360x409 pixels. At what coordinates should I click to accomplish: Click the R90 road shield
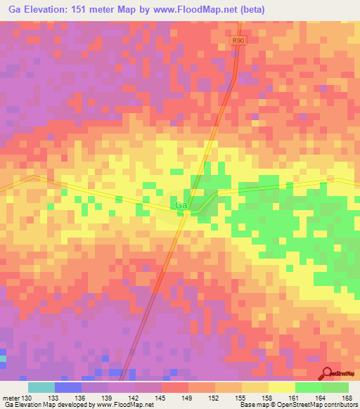(x=238, y=41)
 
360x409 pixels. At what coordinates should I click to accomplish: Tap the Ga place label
(x=181, y=205)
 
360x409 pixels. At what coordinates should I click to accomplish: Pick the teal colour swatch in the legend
(x=41, y=387)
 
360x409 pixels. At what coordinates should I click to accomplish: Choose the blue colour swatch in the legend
(x=68, y=387)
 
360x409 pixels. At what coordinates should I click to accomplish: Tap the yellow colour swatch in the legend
(x=282, y=387)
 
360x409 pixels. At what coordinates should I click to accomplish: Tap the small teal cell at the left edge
(x=2, y=358)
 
